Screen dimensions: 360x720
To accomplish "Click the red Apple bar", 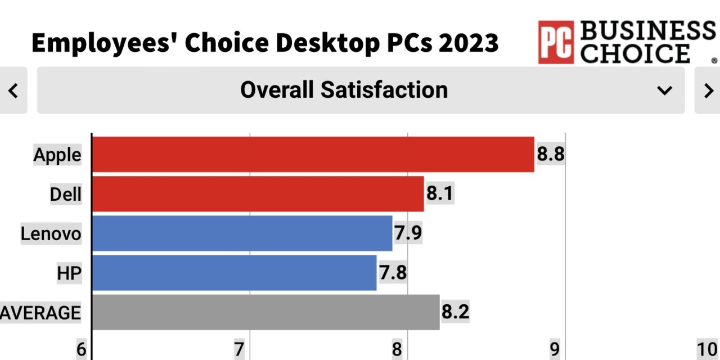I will [313, 154].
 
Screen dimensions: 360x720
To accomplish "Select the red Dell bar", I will [258, 194].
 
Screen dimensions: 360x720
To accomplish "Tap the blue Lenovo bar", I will [242, 233].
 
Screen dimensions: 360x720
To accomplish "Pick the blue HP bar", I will [234, 273].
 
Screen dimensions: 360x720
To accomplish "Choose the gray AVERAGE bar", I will [265, 312].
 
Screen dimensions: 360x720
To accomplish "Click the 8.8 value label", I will [551, 154].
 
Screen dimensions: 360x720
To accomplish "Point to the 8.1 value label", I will [440, 194].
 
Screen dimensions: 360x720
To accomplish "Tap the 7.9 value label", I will [408, 233].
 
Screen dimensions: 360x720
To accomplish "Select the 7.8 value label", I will [393, 273].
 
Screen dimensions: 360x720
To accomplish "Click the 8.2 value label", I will [456, 312].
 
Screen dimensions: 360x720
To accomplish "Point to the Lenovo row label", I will [51, 233].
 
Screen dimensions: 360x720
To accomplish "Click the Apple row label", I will [57, 155].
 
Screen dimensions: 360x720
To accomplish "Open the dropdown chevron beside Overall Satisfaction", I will [665, 91].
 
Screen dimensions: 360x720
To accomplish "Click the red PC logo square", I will [556, 42].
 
